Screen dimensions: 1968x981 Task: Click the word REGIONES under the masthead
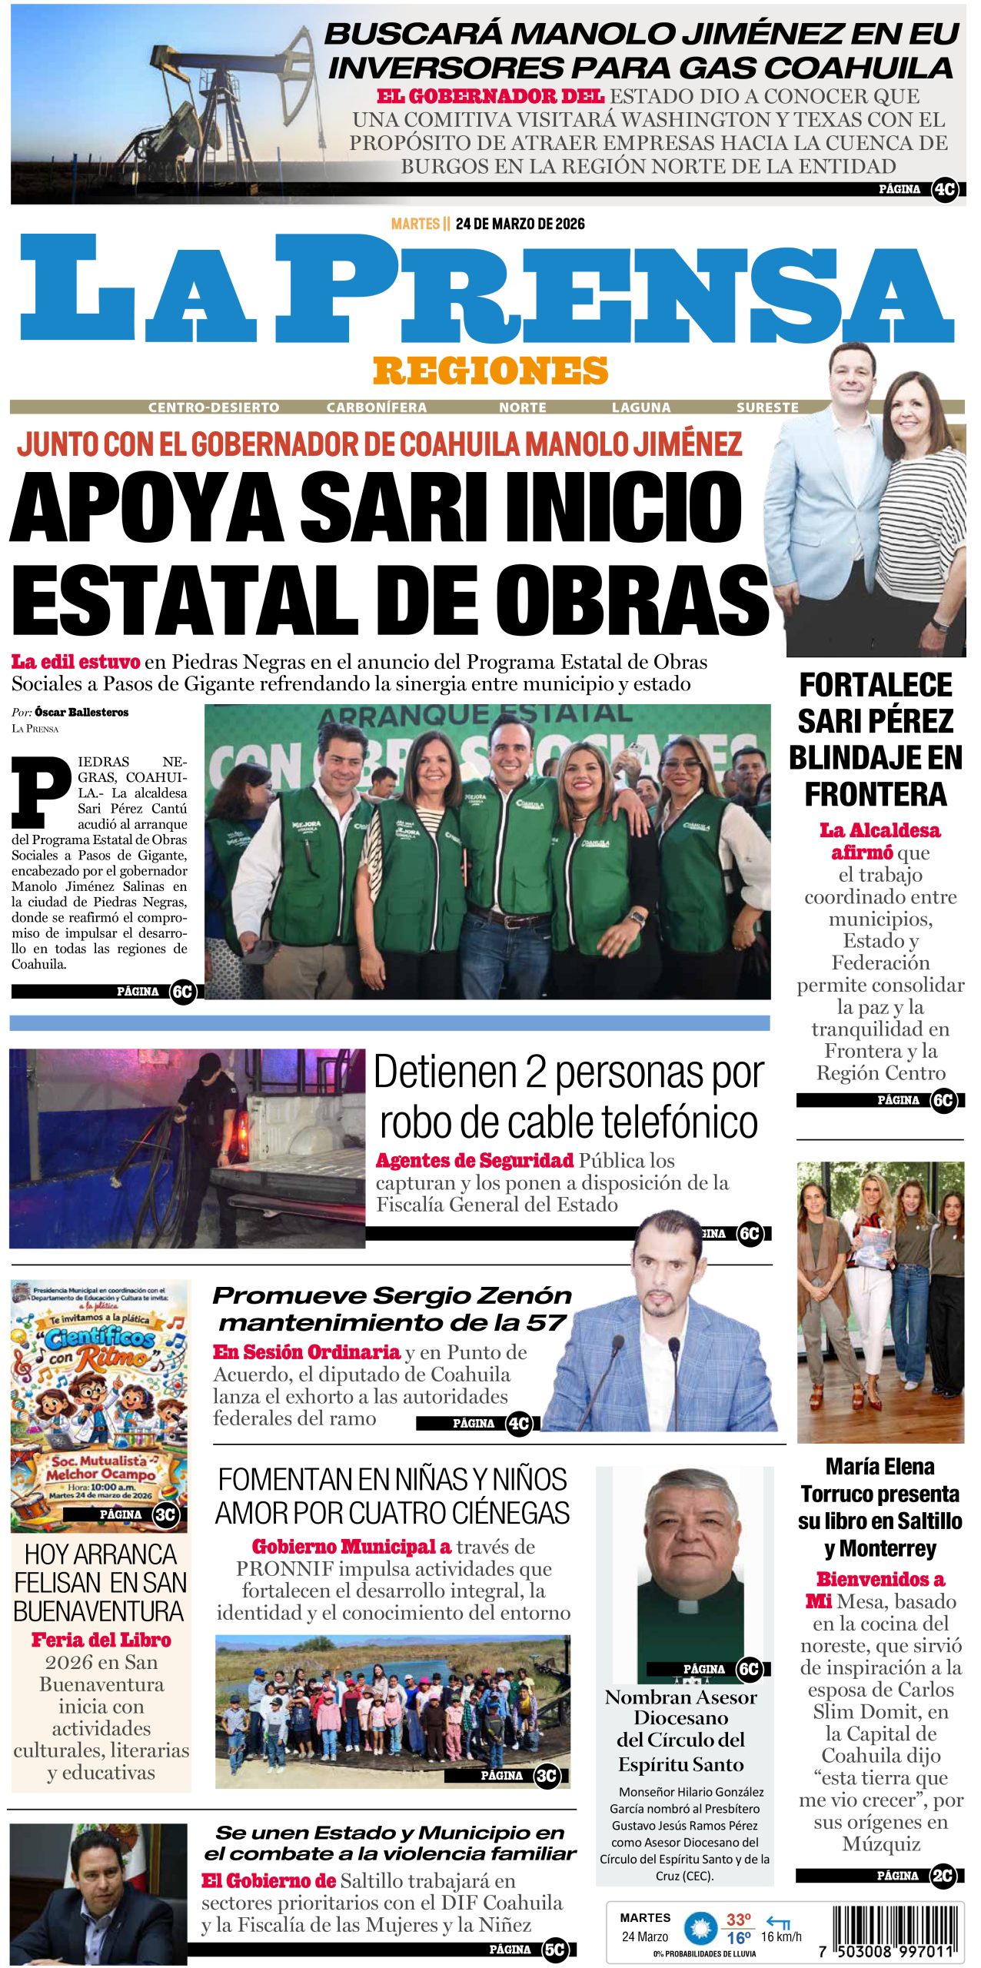pos(490,371)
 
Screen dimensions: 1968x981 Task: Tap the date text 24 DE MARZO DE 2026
pos(520,224)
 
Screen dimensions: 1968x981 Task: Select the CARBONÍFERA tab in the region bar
pos(376,407)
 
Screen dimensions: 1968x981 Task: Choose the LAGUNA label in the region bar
pos(641,407)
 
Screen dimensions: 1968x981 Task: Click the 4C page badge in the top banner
pos(945,189)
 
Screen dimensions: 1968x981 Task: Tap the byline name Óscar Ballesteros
pos(81,712)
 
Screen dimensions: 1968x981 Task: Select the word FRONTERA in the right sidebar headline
pos(876,794)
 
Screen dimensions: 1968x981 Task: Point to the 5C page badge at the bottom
pos(554,1949)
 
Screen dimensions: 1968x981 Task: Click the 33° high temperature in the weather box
pos(739,1920)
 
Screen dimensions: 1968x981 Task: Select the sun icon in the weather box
pos(700,1928)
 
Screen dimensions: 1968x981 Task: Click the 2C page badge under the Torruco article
pos(943,1876)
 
